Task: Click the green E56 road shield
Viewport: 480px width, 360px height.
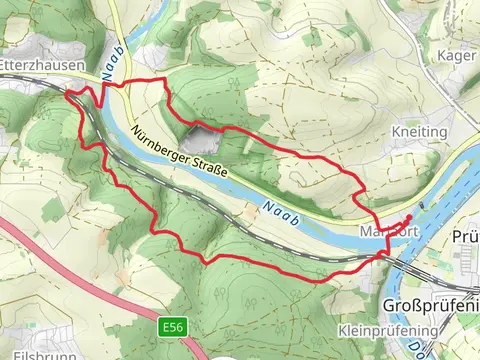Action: tap(172, 326)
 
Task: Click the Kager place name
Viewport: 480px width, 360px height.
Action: tap(455, 57)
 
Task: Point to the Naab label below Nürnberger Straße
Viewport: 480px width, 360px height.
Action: tap(280, 208)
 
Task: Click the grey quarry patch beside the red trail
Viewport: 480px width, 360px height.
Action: tap(198, 139)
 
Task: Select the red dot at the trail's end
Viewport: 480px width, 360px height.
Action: tap(409, 218)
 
